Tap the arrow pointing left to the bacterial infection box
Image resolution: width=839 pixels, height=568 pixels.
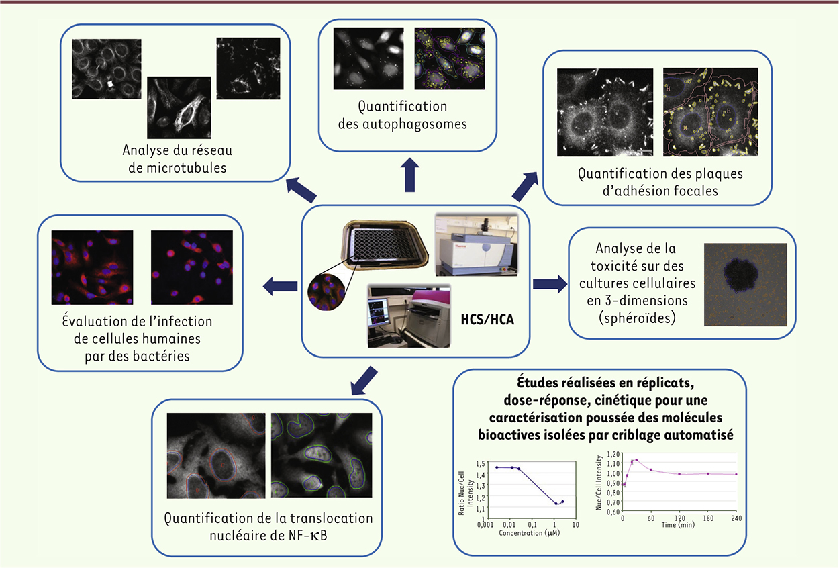coord(280,287)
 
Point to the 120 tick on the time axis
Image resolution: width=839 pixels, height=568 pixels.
coord(679,518)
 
